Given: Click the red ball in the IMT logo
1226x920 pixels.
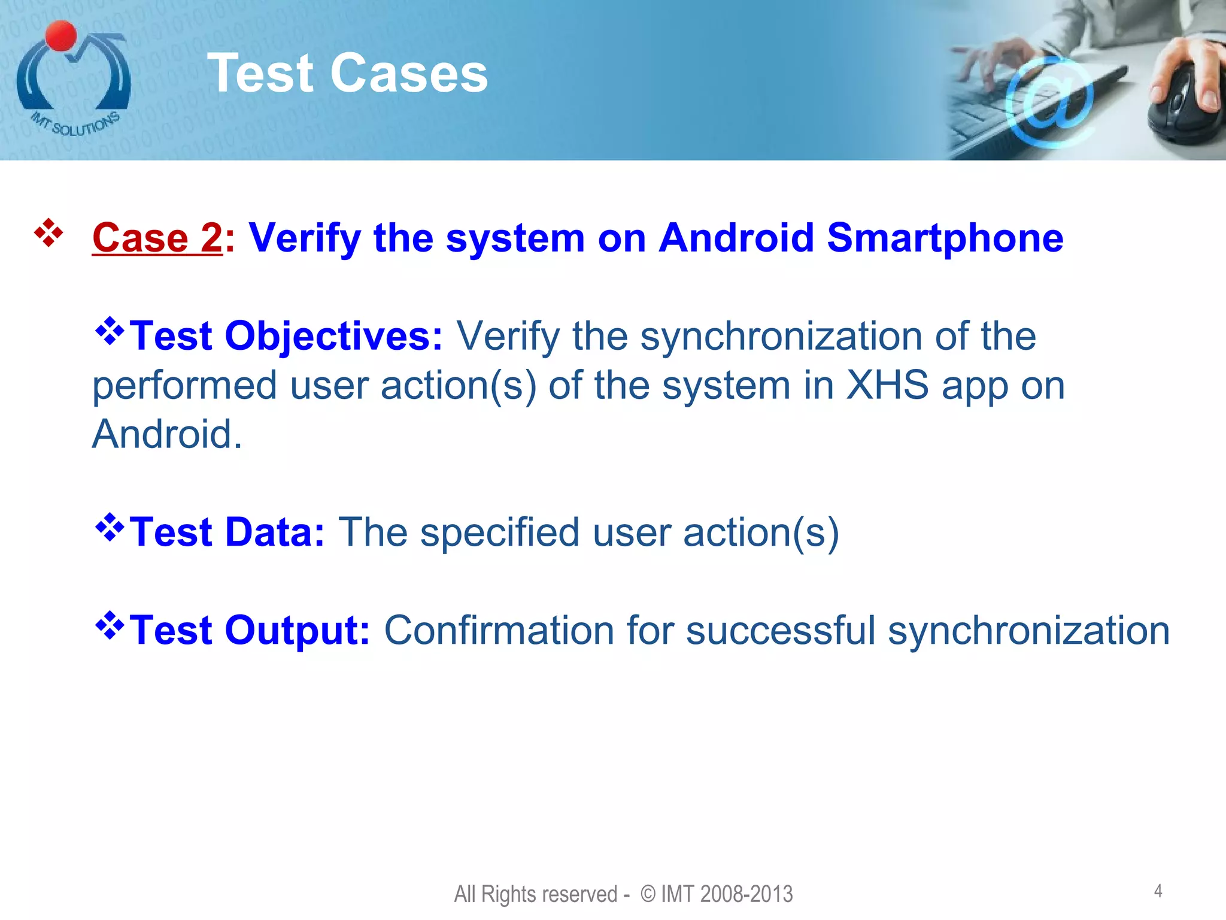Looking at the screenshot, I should (x=60, y=36).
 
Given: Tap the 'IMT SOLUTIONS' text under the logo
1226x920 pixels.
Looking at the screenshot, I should (x=75, y=124).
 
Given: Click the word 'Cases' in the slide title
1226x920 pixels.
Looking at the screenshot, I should (x=409, y=73).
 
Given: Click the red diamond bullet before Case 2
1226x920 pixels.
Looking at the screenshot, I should (x=48, y=234).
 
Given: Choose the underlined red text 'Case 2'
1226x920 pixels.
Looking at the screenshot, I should (x=157, y=238).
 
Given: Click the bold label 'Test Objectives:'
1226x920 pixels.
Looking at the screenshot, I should (x=286, y=336).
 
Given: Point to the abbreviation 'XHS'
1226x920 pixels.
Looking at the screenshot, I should (x=887, y=385).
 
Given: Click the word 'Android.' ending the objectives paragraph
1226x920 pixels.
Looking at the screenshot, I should (x=167, y=434).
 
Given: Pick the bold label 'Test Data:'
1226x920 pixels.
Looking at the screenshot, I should (x=227, y=532).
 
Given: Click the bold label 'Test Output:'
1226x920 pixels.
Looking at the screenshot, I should (x=250, y=631).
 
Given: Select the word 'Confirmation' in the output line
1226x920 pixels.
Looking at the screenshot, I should (x=499, y=631).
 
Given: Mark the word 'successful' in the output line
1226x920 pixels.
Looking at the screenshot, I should (x=780, y=631).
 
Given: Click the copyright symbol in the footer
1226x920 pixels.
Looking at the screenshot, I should (x=648, y=894).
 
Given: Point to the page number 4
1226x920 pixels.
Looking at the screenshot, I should (x=1158, y=891).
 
